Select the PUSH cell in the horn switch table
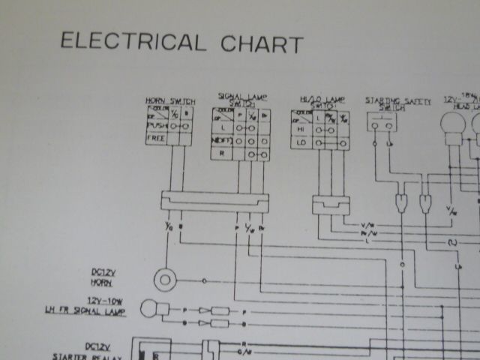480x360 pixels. click(x=156, y=126)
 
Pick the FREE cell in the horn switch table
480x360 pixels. click(x=155, y=138)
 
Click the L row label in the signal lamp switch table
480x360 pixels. click(x=222, y=127)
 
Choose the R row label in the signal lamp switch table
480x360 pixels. click(x=222, y=152)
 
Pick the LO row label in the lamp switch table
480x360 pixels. click(x=301, y=142)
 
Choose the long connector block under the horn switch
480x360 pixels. click(x=214, y=200)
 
